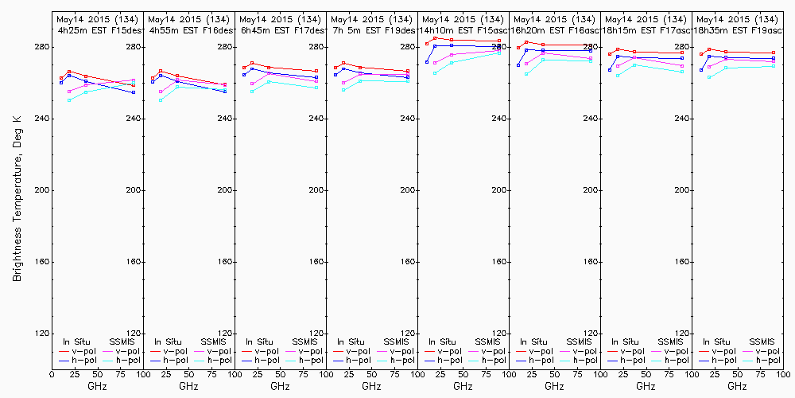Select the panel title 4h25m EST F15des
99,29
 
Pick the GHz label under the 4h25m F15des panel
97,386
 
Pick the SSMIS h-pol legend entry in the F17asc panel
674,361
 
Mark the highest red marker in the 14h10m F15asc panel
435,37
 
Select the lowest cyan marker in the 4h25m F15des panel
70,100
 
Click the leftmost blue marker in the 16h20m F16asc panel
518,65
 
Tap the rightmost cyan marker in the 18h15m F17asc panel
682,72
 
